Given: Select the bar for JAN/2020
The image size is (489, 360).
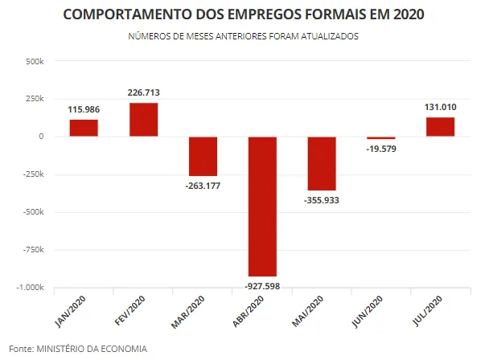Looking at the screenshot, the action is coord(84,128).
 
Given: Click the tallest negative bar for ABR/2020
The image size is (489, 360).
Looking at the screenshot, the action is coord(262,207).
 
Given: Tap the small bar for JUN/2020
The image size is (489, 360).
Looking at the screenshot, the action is coord(381,137).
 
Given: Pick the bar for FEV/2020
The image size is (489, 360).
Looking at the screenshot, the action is coord(143,120).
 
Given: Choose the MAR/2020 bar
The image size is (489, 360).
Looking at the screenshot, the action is coord(203,156).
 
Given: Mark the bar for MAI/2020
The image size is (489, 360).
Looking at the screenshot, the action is coord(322,163).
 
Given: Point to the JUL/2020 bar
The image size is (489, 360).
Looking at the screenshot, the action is coord(441,127).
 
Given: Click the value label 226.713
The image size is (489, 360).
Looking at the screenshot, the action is coord(143,92).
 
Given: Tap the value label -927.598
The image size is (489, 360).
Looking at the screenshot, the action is coord(262,286).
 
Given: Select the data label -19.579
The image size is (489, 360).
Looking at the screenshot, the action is coord(381,149).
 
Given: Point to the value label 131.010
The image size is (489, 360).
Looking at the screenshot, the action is coord(441,107).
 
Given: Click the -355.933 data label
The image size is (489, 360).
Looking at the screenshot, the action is coord(322,200).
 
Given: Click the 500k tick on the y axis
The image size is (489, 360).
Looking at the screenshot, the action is coord(35,61).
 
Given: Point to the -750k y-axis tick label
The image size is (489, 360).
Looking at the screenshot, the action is coord(33,250).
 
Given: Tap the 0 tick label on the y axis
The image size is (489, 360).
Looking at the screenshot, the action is coord(41,137).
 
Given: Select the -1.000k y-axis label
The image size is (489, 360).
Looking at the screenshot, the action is coord(30,288).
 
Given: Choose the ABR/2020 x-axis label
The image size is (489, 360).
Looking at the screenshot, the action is coord(249,311).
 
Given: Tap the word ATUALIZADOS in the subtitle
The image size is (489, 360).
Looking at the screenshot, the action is coord(330,36).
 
